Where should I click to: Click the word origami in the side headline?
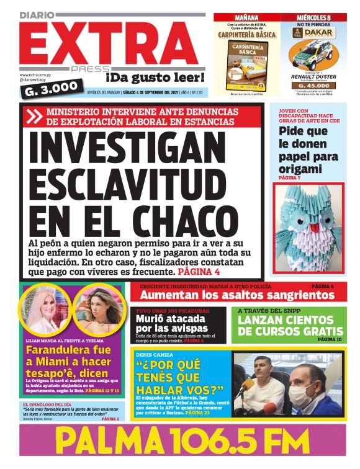tap(300, 168)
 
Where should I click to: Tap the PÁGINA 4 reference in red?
tap(199, 271)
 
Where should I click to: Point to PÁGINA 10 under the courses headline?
tap(330, 340)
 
